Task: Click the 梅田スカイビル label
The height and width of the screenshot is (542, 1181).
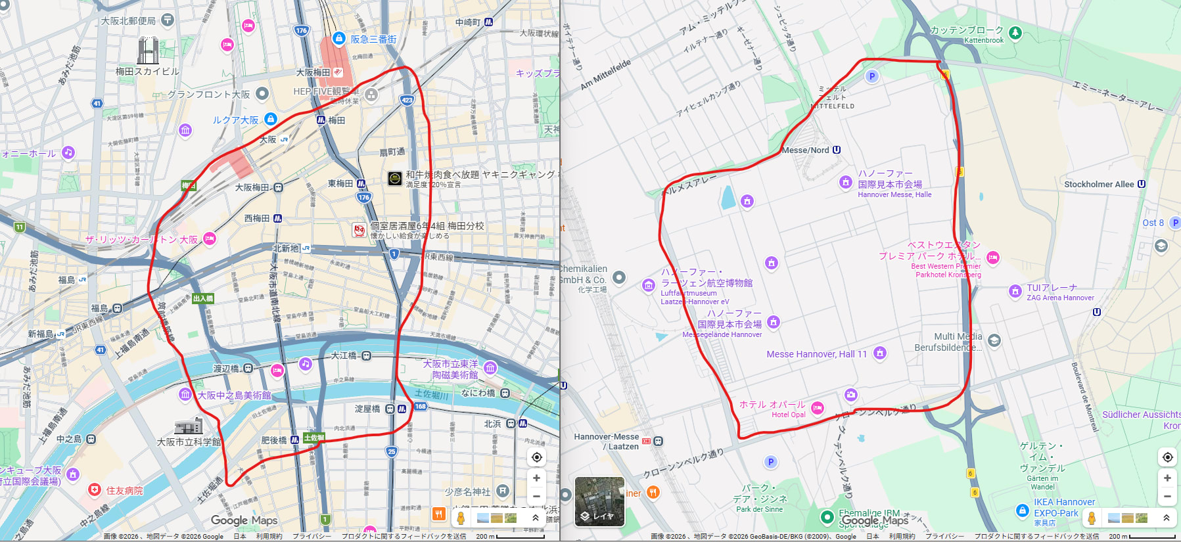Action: (147, 72)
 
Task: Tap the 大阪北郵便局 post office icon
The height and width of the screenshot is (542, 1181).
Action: (168, 20)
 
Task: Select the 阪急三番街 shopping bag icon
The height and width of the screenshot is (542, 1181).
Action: (339, 39)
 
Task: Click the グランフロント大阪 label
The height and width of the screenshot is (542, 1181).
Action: (208, 95)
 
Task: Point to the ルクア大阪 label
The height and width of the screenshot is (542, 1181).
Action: (235, 120)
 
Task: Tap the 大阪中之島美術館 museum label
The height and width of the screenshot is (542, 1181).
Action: (234, 395)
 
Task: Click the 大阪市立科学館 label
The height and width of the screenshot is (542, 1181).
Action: (189, 442)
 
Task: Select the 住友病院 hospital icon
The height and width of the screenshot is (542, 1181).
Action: (95, 490)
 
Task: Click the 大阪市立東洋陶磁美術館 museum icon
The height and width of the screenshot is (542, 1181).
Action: (490, 368)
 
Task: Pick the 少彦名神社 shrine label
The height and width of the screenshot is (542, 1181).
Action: (467, 491)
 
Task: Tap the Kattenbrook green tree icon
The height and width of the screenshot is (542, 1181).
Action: (1015, 32)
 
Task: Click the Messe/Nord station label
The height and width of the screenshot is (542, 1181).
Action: (805, 150)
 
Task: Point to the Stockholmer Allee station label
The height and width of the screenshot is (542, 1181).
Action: (1099, 185)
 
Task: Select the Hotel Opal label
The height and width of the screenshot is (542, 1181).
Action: (788, 415)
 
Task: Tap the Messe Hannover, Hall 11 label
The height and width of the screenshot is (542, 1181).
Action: (816, 354)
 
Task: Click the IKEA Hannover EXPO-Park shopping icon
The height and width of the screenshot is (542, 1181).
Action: (1022, 510)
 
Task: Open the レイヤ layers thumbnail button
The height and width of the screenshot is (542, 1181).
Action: (599, 501)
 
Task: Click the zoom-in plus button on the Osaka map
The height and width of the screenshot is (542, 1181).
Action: (536, 478)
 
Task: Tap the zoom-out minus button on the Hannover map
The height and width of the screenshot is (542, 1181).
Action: (1167, 497)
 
